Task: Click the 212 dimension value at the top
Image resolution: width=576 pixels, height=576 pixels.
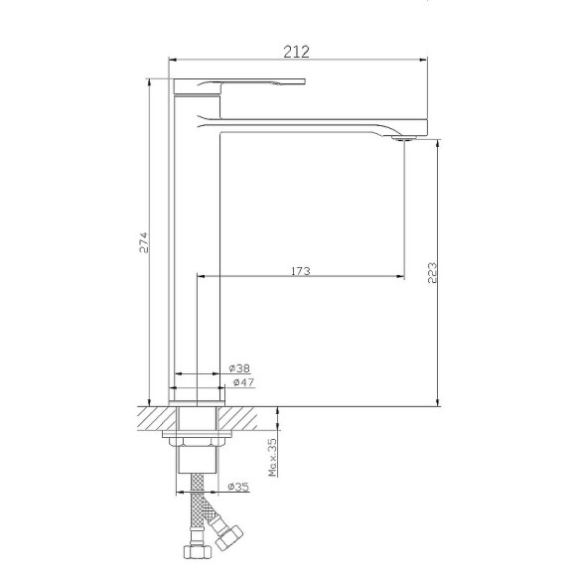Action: [296, 52]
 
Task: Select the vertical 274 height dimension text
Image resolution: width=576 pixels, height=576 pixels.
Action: [143, 242]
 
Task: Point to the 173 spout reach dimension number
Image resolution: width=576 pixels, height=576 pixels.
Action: [301, 271]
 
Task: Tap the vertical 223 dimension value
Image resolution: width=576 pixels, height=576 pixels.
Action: [432, 272]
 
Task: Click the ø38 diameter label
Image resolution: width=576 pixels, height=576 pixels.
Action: [239, 367]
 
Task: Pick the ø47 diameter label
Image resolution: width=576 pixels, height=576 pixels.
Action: [243, 382]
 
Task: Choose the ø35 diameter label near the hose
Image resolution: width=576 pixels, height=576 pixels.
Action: [238, 487]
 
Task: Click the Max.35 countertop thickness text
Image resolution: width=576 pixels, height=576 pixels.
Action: [272, 458]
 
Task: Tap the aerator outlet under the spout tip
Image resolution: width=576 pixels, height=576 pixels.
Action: [403, 138]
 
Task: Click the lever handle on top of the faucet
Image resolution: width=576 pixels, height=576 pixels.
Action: [238, 85]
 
